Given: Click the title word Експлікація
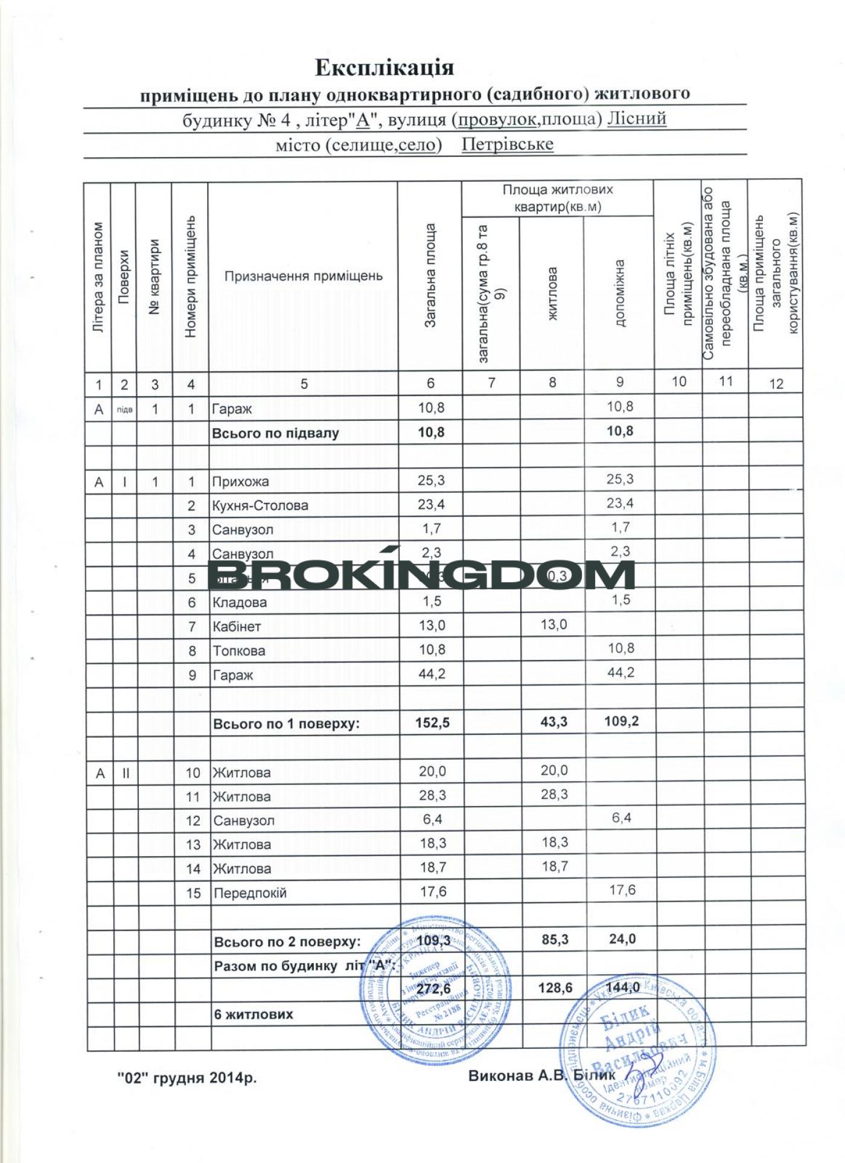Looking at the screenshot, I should (x=384, y=67).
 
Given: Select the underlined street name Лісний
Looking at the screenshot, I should (x=636, y=119).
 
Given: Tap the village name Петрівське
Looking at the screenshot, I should (x=507, y=145).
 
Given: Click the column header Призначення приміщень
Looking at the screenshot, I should (x=303, y=277).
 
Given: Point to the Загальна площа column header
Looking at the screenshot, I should (x=430, y=276).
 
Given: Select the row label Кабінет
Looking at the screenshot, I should (x=237, y=626).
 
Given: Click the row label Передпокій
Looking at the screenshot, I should (x=250, y=893).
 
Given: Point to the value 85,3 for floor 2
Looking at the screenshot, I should (x=555, y=940).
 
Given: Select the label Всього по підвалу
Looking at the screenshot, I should (x=275, y=434).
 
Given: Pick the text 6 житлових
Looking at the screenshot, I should (x=253, y=1014).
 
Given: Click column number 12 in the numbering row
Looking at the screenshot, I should (x=776, y=383).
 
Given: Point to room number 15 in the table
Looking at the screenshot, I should (x=193, y=893).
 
